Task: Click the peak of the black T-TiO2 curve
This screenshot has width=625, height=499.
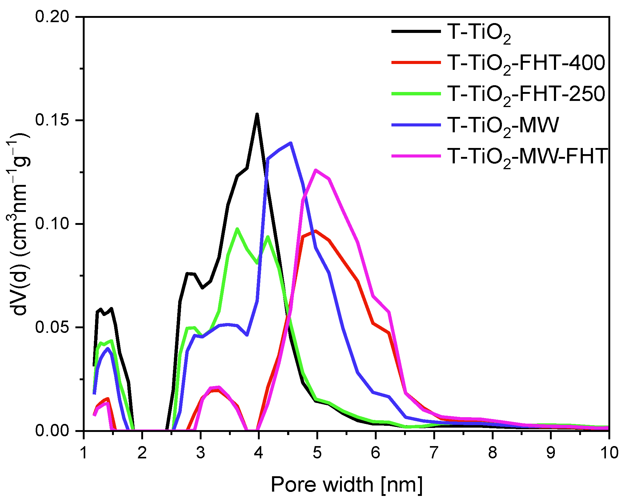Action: coord(257,114)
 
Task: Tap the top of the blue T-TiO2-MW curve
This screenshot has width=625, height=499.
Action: coord(290,143)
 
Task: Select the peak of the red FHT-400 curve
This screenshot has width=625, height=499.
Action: coord(316,231)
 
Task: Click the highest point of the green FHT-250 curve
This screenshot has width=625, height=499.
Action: coord(237,229)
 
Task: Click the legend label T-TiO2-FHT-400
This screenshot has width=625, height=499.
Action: coord(526,63)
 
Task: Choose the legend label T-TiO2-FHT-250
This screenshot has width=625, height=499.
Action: coord(526,94)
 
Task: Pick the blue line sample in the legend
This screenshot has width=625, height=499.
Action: coord(416,125)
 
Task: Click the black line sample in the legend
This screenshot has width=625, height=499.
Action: coord(416,31)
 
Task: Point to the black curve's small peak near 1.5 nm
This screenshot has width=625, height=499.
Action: coord(112,309)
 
